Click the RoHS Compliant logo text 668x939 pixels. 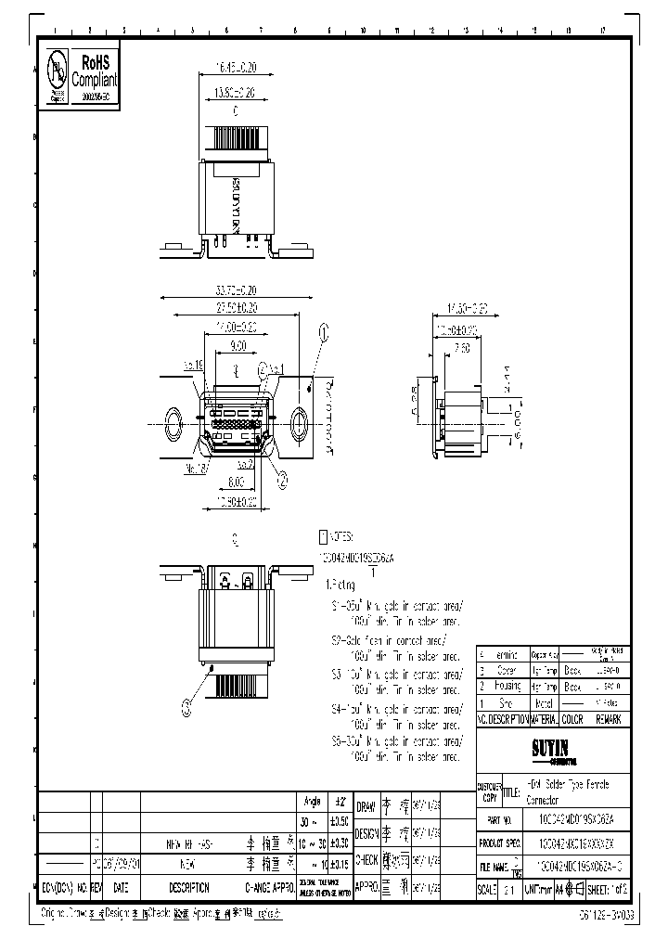tap(96, 71)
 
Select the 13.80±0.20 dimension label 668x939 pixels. tap(223, 92)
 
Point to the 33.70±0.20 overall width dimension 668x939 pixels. tap(230, 289)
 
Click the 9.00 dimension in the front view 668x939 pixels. tap(238, 347)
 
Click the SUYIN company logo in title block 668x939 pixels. tap(551, 747)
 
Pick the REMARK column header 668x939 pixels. tap(610, 719)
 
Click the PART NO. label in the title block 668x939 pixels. tap(500, 820)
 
